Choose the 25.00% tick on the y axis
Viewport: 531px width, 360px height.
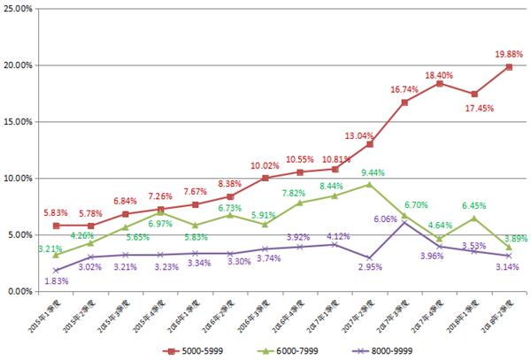[18, 9]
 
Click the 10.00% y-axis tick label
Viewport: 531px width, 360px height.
[18, 178]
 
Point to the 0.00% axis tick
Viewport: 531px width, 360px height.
[19, 291]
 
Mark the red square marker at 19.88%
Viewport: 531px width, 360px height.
[508, 66]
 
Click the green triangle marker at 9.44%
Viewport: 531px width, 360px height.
[369, 184]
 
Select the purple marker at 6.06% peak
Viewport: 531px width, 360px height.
[404, 222]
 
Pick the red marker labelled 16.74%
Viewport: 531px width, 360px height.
[404, 102]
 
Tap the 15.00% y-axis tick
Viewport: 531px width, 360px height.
[18, 121]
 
